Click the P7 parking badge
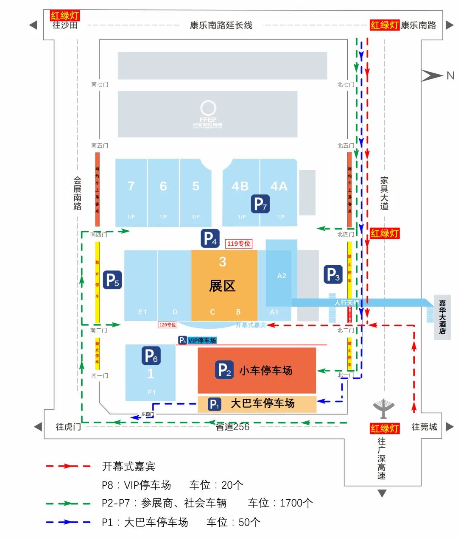pos(260,204)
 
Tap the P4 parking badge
pos(210,238)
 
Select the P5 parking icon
pos(112,280)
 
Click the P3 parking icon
pos(332,274)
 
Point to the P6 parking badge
pos(151,356)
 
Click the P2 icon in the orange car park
pos(224,370)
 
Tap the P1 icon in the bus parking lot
pos(215,404)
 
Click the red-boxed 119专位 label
pos(239,243)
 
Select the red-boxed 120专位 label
pos(168,325)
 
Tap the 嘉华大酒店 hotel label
pos(442,317)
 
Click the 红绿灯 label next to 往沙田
pos(65,16)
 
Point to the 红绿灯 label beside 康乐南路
pos(384,25)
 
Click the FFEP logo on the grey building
pos(208,114)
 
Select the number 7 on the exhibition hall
pos(131,186)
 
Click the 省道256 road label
pos(232,427)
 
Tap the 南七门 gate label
pos(100,84)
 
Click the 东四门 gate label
pos(148,414)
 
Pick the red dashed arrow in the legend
pos(68,466)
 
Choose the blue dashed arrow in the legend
pos(68,522)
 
